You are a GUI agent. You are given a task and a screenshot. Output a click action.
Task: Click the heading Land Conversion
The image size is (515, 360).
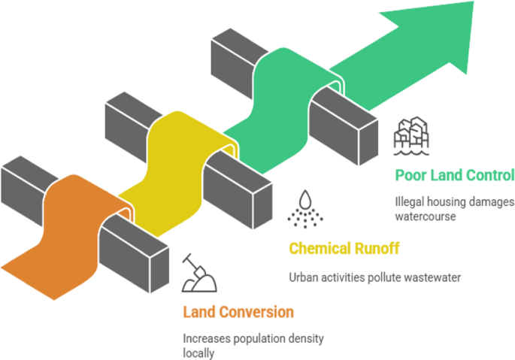click(x=238, y=312)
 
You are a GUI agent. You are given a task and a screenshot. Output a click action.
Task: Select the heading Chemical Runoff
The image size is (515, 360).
click(x=344, y=248)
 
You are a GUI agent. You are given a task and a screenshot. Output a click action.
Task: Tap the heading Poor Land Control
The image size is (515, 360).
click(x=454, y=175)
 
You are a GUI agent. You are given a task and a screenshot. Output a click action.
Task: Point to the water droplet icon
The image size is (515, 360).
click(x=305, y=208)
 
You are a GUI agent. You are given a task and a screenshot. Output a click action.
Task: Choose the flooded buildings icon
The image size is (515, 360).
click(x=410, y=136)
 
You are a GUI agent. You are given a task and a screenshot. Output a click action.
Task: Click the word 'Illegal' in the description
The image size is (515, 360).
click(x=410, y=202)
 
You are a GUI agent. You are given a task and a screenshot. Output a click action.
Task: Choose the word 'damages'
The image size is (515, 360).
click(x=492, y=202)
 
